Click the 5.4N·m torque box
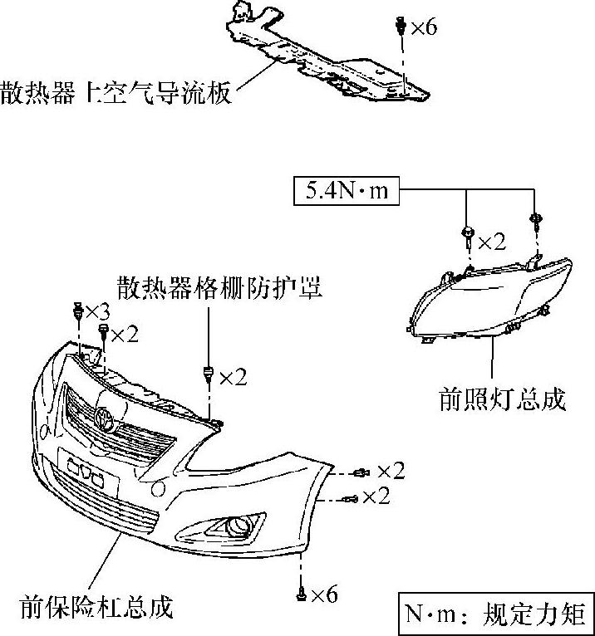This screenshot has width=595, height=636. pos(347,192)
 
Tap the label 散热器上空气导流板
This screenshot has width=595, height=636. pos(116,91)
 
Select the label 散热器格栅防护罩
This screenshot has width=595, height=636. pos(219,287)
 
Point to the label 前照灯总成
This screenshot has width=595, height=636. pos(502,399)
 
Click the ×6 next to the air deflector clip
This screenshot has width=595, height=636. pos(421,27)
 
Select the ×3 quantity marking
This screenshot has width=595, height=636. pos(97,312)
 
